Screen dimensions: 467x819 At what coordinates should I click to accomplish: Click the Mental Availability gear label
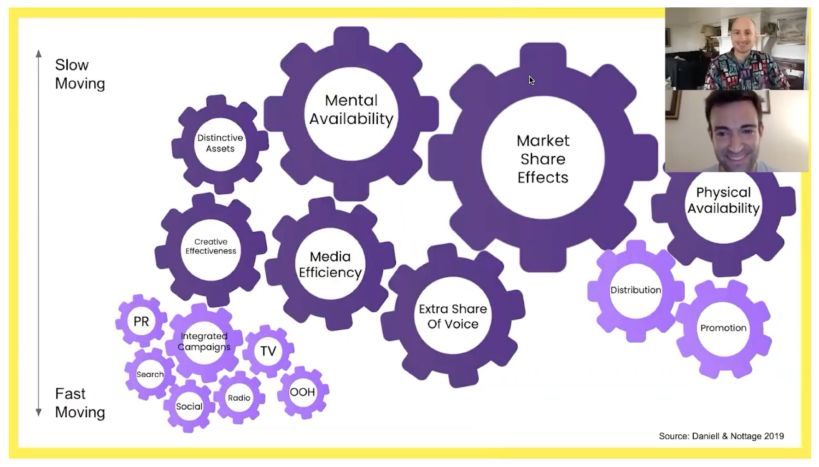coord(351,110)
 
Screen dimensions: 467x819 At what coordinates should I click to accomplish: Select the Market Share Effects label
coord(543,159)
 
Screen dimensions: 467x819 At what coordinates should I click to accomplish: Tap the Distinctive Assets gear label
coord(220,143)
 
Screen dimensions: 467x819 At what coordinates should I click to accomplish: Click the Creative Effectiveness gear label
coord(211,246)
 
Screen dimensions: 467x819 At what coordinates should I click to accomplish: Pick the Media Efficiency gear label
coord(330,264)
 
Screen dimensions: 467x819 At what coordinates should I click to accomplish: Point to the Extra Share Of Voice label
coord(453,316)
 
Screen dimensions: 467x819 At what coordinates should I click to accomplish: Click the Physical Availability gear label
coord(723,200)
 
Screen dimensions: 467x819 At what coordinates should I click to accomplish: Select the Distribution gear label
coord(636,290)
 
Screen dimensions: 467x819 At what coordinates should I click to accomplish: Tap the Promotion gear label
coord(723,328)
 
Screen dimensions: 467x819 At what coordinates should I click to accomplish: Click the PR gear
coord(141,321)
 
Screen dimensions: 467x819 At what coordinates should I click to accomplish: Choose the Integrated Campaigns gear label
coord(204,341)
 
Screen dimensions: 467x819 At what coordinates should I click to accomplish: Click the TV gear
coord(268,351)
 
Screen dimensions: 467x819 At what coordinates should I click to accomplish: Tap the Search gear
coord(150,374)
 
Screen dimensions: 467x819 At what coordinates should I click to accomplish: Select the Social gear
coord(189,406)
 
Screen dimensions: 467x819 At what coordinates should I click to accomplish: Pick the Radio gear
coord(239,398)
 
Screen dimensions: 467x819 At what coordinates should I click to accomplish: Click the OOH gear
coord(302,392)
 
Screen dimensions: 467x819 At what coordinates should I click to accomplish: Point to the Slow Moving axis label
coord(80,74)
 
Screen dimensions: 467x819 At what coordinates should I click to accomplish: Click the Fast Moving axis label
coord(80,403)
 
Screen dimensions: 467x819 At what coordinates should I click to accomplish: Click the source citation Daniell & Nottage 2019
coord(721,436)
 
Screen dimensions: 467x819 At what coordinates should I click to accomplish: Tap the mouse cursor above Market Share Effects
coord(532,81)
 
